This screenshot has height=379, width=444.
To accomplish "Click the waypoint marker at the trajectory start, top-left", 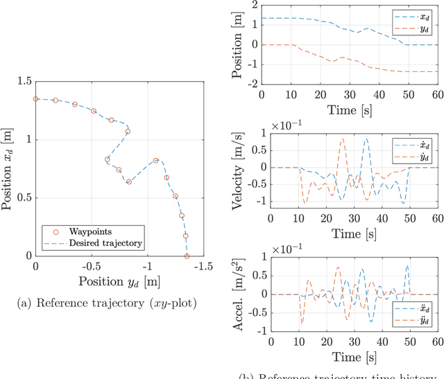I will [36, 99].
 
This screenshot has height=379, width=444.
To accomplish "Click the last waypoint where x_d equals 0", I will [187, 256].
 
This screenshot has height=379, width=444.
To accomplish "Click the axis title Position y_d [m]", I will [119, 281].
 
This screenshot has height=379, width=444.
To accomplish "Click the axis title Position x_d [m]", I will [8, 169].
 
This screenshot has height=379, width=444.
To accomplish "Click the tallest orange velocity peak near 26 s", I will [341, 139].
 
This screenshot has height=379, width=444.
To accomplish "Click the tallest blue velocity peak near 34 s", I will [366, 139].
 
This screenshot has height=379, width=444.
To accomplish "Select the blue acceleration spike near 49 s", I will [407, 266].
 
